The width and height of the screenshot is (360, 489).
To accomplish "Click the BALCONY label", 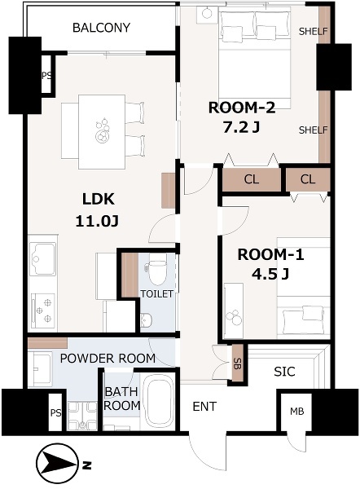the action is pos(101,28).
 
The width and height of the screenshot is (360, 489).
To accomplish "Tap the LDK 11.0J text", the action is pos(97,210).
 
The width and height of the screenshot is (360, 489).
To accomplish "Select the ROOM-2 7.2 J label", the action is pos(242,117).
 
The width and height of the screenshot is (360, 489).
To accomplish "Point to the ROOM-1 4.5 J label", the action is pos(270,264).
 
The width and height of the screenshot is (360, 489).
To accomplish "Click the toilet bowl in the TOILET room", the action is pos(156,269).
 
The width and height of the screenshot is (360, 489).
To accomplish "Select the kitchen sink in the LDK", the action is pos(43,259).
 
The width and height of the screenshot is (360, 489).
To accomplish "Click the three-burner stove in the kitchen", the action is pos(43,311).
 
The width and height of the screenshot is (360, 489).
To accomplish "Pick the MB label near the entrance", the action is pos(296,412).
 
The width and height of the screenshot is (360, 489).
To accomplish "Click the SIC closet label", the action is pos(284,372).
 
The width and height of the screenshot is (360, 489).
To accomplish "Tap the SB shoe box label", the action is pos(238,363).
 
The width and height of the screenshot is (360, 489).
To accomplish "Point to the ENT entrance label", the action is pos(204,407).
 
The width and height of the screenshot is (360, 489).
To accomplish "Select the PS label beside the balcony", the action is pos(46,76).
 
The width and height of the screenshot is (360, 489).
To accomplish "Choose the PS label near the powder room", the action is pos(56,413).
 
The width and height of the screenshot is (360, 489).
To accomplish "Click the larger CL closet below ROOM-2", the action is pos(251,179).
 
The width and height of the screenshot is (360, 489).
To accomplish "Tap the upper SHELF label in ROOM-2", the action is pos(314,31).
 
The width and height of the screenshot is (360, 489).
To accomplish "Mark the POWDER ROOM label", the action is pos(108,359).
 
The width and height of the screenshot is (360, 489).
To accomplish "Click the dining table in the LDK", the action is pos(102,132).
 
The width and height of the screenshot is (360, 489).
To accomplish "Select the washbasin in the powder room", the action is pos(40,369).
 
